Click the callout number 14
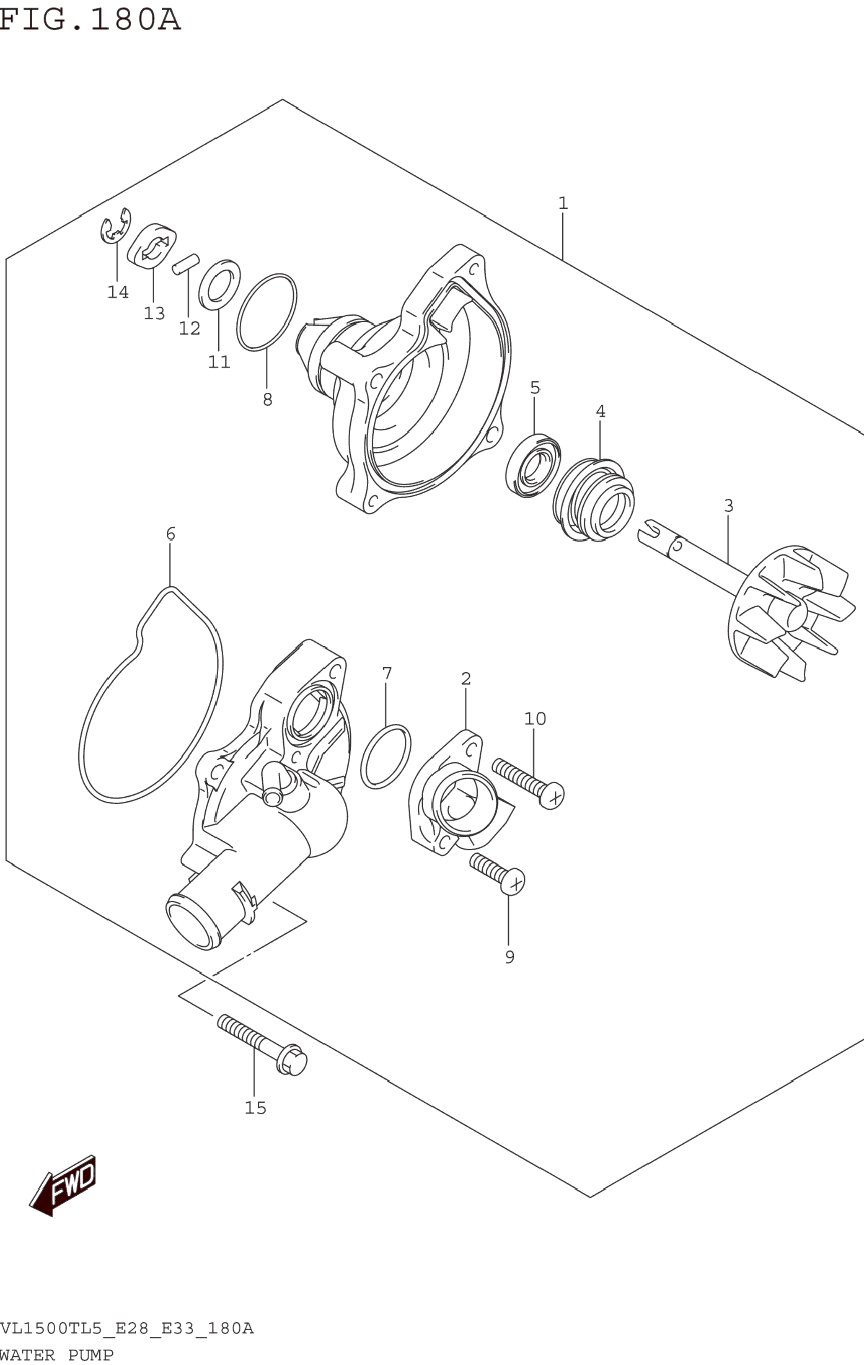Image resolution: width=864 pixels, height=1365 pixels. click(x=118, y=292)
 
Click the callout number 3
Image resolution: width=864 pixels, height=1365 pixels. click(x=729, y=505)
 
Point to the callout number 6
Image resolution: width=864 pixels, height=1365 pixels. click(x=171, y=534)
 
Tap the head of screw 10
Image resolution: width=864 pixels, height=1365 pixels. click(x=551, y=795)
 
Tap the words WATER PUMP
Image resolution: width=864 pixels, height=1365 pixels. click(x=57, y=1355)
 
